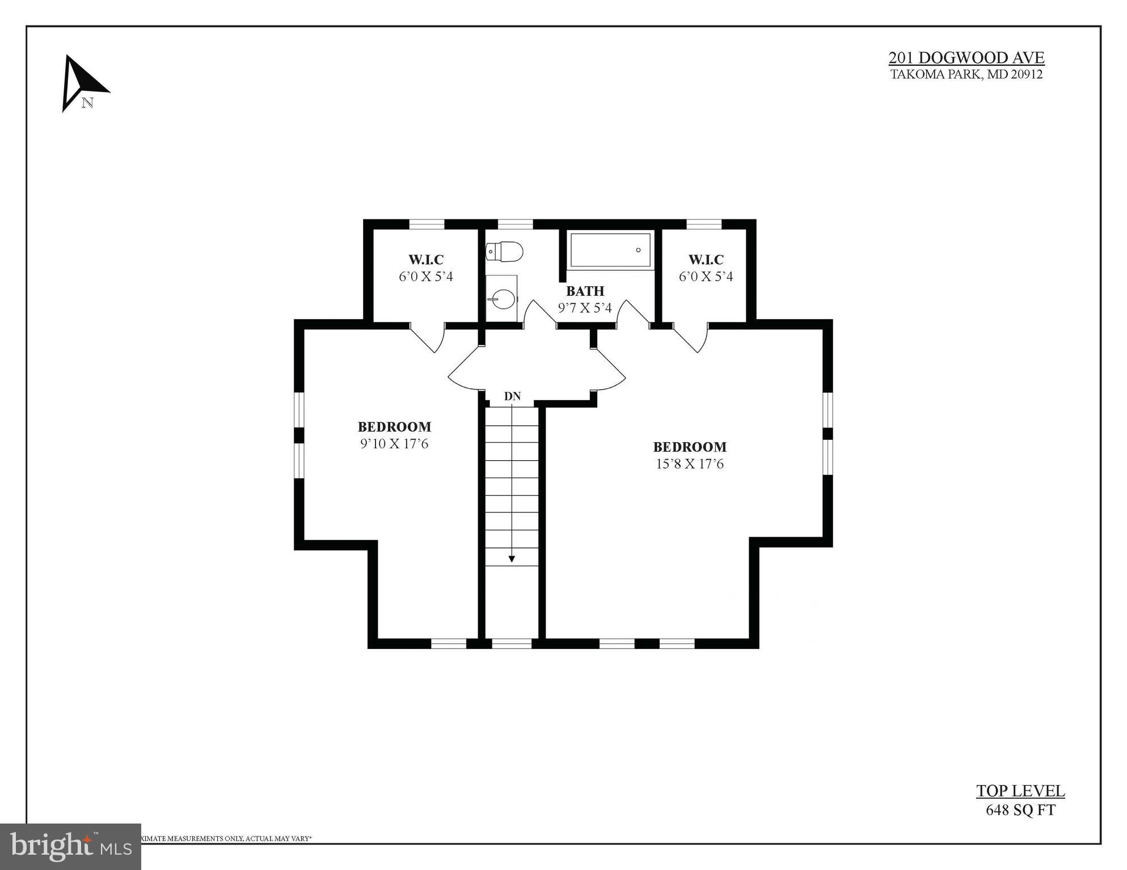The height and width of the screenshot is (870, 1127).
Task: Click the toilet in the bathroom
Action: (x=504, y=252)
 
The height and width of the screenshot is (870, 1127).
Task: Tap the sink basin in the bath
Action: (x=502, y=299)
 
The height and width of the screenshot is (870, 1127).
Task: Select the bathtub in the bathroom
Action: (x=610, y=250)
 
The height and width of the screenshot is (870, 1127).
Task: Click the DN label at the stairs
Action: (x=512, y=397)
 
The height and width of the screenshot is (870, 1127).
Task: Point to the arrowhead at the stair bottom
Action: (x=512, y=559)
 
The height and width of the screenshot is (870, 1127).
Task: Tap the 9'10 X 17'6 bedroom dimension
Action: (x=394, y=444)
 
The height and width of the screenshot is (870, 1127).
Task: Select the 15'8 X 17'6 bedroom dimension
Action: (x=690, y=464)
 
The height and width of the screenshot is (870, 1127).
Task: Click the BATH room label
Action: (x=585, y=291)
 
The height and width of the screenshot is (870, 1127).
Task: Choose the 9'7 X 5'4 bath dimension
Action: (x=585, y=308)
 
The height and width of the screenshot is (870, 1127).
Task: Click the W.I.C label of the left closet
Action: (x=426, y=260)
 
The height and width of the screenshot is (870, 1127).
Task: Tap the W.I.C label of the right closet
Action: (x=706, y=260)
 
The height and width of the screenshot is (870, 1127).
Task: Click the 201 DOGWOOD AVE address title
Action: (x=966, y=58)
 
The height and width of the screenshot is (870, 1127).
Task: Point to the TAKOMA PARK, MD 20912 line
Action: (x=966, y=74)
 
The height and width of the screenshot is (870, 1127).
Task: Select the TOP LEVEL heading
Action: (x=1020, y=791)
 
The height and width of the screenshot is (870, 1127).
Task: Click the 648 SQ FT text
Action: (x=1020, y=810)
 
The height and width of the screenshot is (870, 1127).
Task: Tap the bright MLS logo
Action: (x=70, y=847)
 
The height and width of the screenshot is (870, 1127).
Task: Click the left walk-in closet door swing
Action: (x=429, y=338)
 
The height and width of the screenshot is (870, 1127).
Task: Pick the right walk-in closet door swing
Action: (x=693, y=338)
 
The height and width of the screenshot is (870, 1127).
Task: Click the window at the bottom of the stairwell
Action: (x=512, y=643)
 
